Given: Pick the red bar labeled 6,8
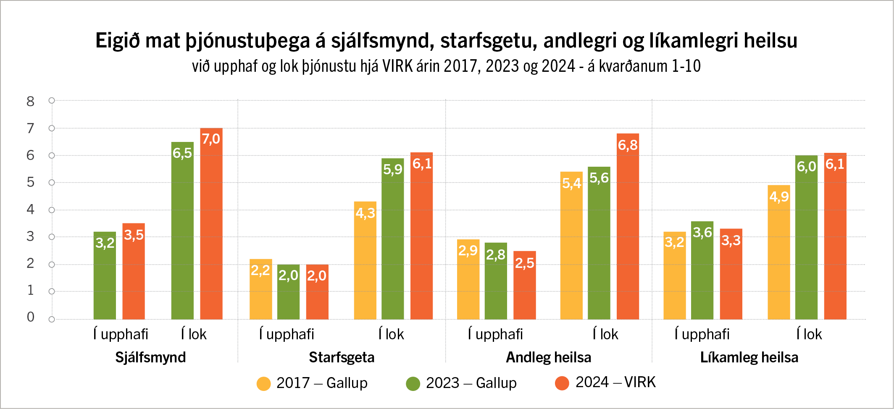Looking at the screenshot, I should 628,226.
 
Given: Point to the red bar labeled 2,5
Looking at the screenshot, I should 524,285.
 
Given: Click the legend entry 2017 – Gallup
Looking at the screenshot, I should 312,383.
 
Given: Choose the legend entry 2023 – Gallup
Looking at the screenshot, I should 461,383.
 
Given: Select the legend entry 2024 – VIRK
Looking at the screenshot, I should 605,382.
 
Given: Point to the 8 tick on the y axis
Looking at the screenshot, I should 30,101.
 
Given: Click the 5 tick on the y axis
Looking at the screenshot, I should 30,182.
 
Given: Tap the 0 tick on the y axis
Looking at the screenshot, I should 30,317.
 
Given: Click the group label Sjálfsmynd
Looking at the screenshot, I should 150,357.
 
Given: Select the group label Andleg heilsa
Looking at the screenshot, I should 548,357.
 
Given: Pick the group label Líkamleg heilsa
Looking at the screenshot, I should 749,357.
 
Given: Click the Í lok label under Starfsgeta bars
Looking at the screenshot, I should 391,334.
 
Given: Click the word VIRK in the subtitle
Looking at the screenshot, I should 397,66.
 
